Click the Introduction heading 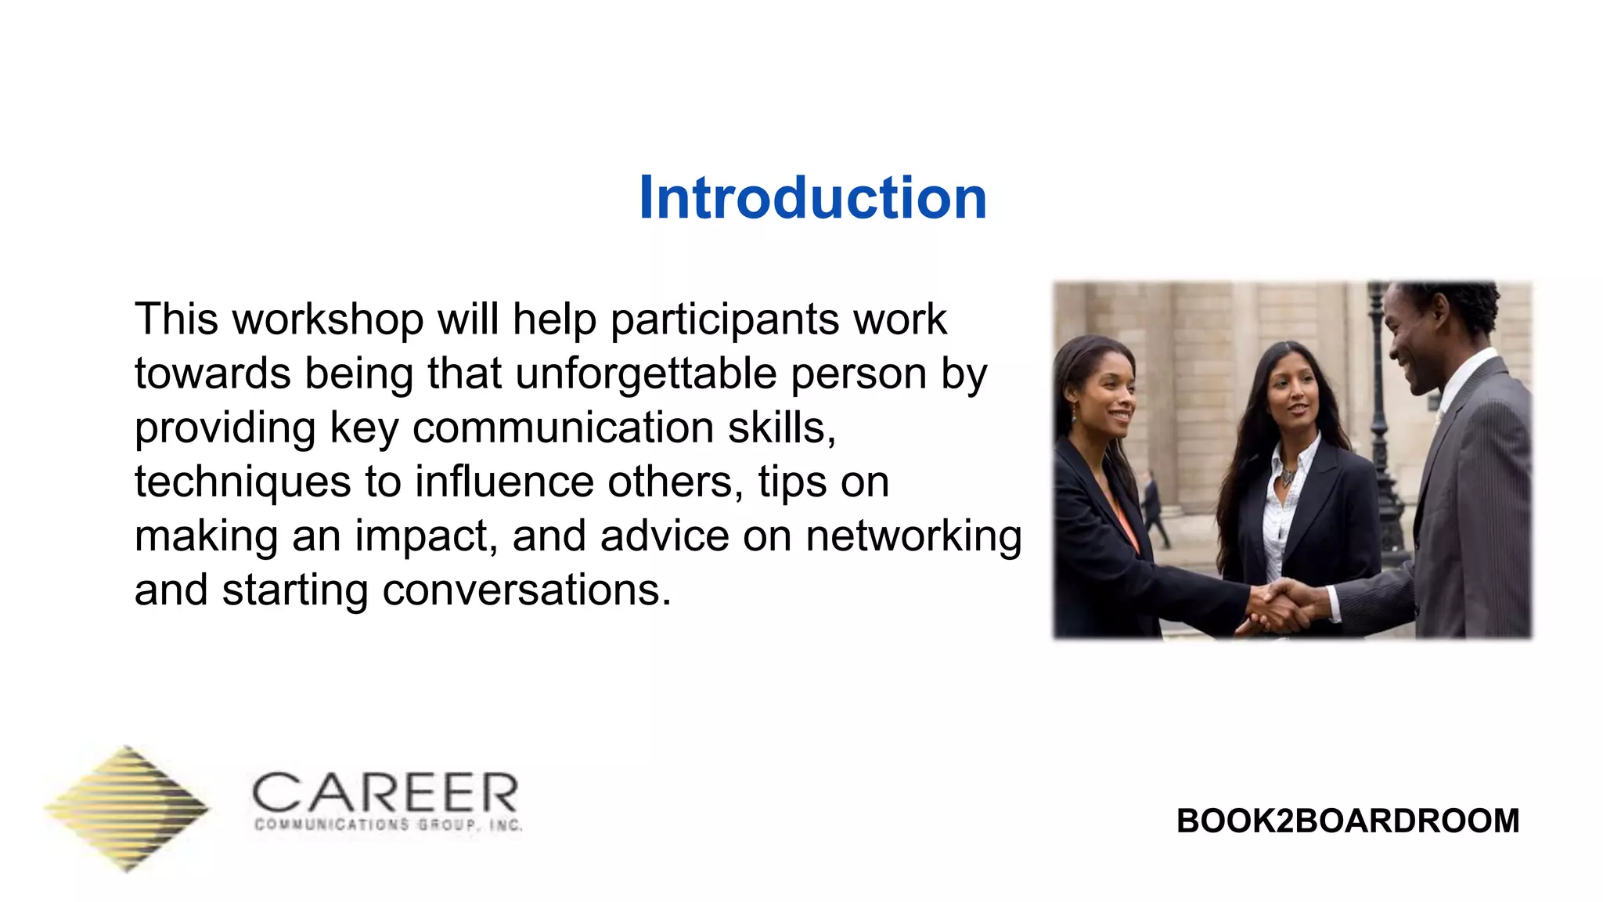(x=812, y=197)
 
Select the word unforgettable (x=646, y=373)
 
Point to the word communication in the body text (x=563, y=428)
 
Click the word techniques (x=243, y=482)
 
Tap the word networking (x=913, y=536)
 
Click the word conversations (x=526, y=590)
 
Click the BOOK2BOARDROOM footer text (x=1348, y=821)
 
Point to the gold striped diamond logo (x=127, y=808)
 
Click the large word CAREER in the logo (x=385, y=792)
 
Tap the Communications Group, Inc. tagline (x=388, y=825)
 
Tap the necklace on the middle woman (x=1287, y=474)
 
